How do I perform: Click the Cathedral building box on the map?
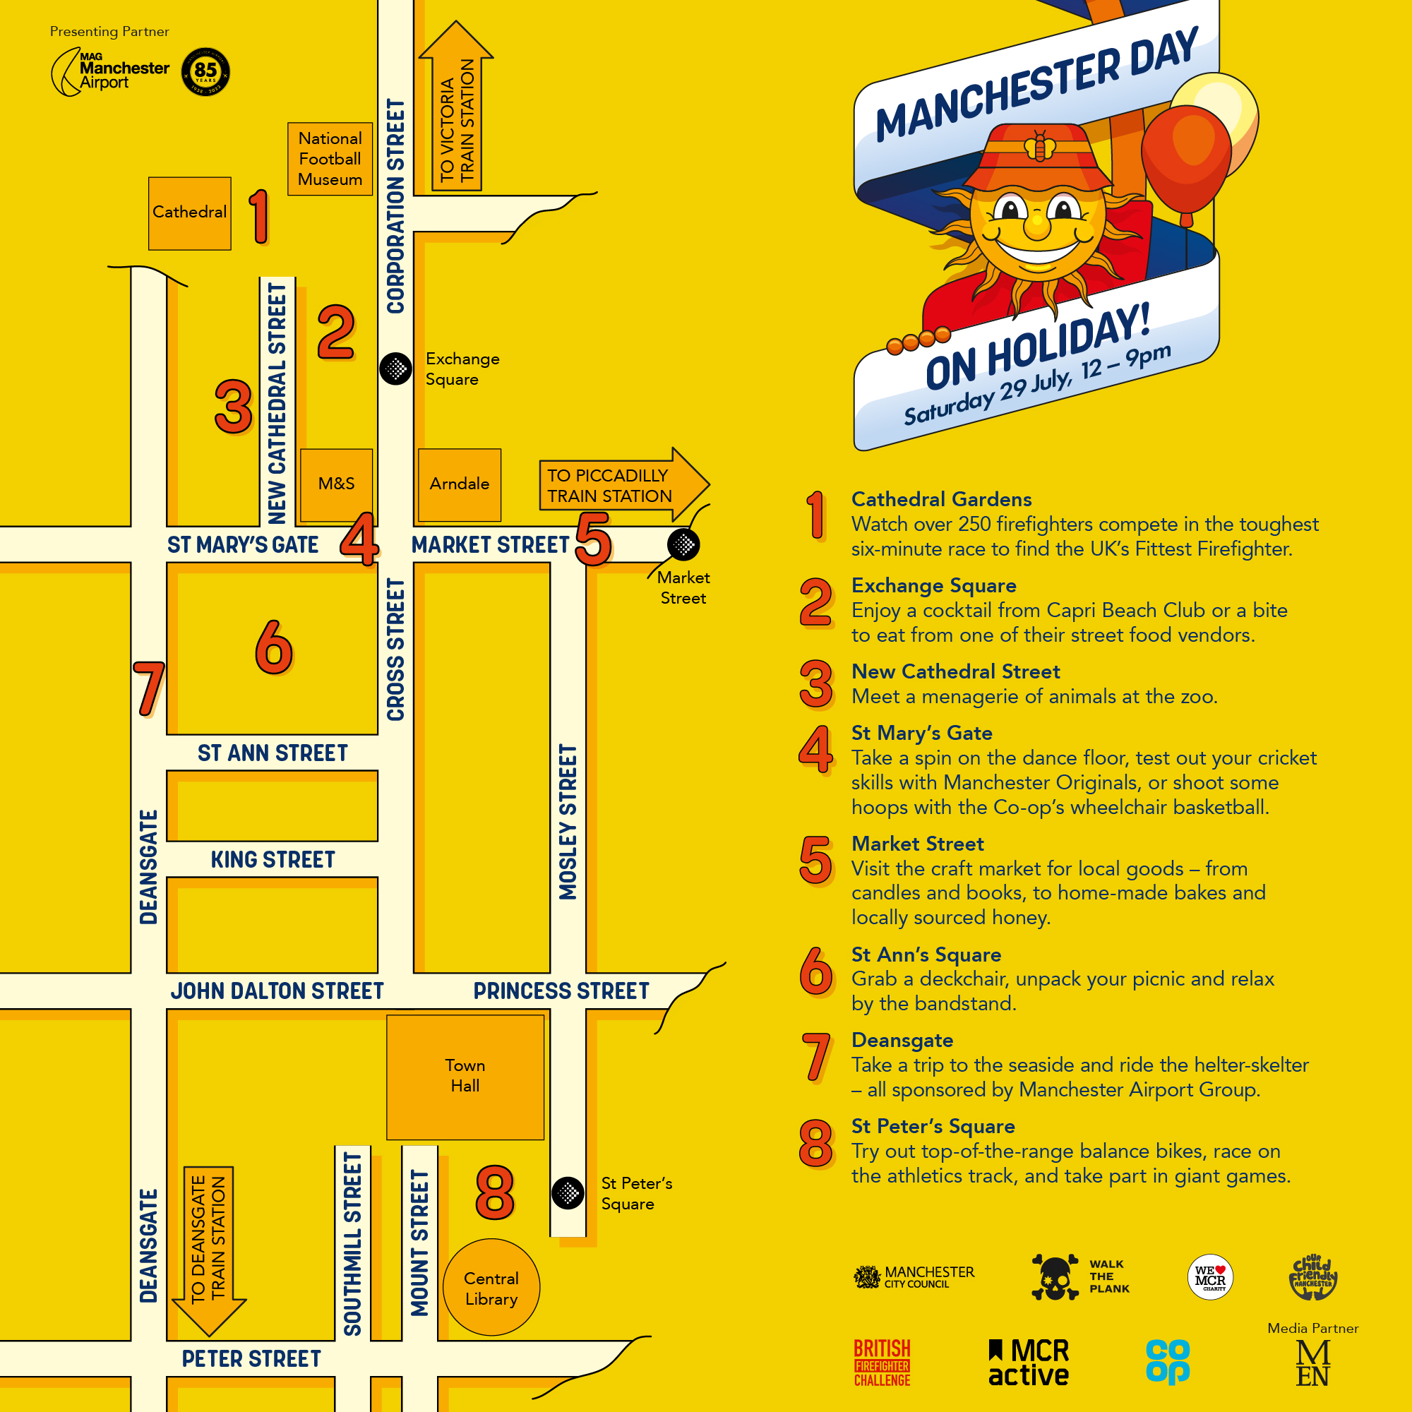pos(189,213)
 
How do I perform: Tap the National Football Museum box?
pos(330,159)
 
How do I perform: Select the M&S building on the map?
pos(336,484)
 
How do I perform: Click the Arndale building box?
pos(459,484)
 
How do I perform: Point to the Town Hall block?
pos(465,1076)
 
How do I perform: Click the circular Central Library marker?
pos(491,1288)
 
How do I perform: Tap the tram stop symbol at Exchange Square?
pos(395,369)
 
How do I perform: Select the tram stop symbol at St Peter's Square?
pos(568,1193)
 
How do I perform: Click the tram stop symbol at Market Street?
pos(683,544)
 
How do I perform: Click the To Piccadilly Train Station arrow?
pos(621,484)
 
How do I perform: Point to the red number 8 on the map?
pos(495,1192)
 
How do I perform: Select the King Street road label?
pos(273,859)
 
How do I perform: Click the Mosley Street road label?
pos(568,822)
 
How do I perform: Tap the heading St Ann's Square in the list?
pos(926,955)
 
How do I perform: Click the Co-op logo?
pos(1167,1361)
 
